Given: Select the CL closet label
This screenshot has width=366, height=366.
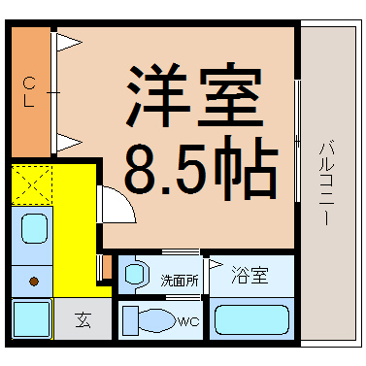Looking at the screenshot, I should [30, 92].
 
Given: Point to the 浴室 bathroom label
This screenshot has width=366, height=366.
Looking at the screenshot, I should [250, 276].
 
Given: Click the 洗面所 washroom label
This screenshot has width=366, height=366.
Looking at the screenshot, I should [180, 281].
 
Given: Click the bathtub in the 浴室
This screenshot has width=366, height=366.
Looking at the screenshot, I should [250, 319].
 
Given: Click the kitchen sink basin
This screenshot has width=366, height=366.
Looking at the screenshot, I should [35, 231].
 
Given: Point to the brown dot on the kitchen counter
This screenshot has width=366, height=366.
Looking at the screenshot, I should [34, 282].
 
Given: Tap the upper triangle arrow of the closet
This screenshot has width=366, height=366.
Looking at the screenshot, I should [68, 43].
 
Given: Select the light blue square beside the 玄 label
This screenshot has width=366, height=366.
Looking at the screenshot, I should [32, 318].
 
